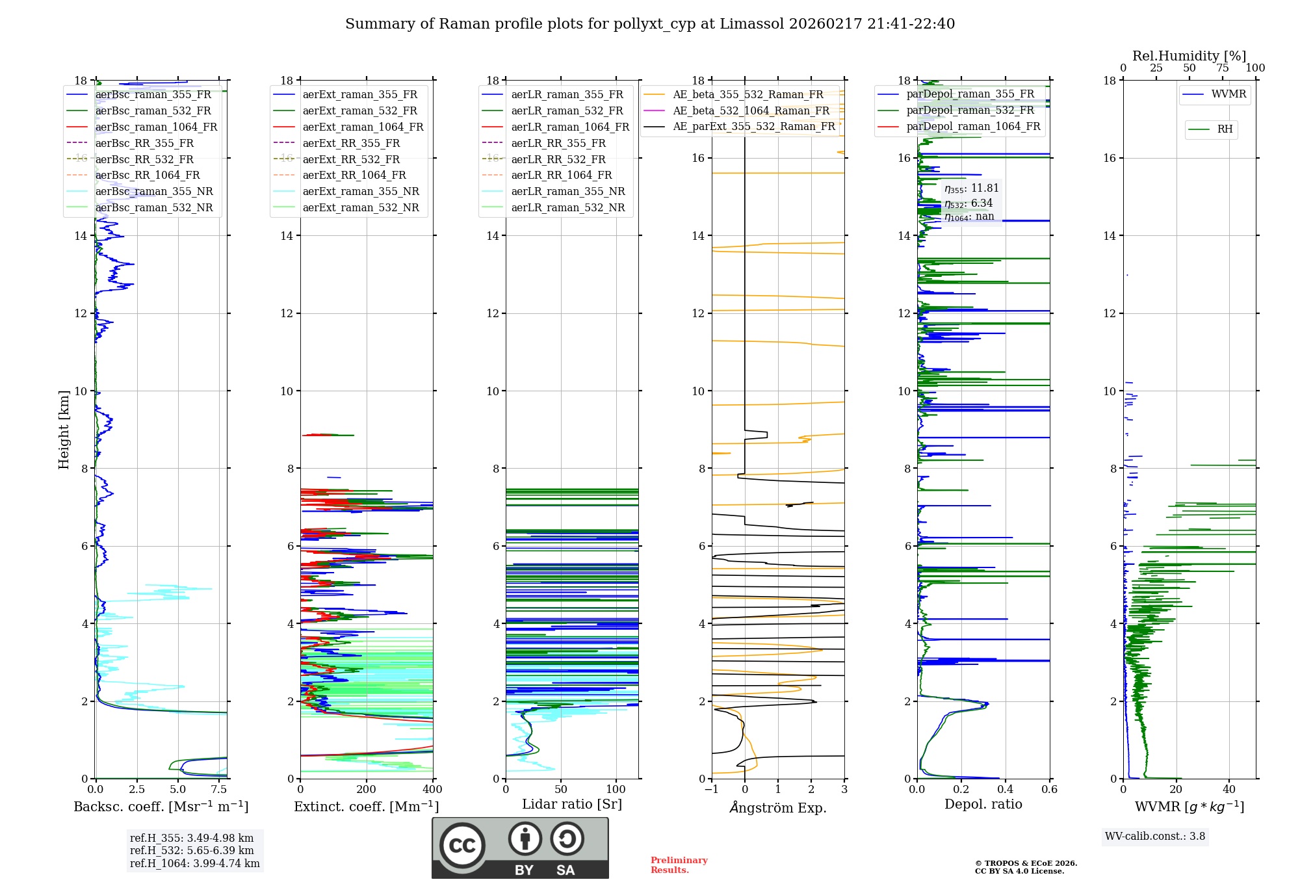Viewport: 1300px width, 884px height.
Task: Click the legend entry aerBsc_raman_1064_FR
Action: [156, 127]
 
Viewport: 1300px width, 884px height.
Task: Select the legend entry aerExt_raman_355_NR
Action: [361, 191]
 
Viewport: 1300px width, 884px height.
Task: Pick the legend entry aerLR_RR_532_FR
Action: [558, 159]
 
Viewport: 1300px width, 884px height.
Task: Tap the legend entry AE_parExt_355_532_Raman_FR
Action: [754, 126]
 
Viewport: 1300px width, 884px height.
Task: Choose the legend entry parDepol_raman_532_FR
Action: [970, 110]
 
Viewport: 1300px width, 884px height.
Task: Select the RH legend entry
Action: [1225, 129]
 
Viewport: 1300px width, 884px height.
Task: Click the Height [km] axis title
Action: [64, 429]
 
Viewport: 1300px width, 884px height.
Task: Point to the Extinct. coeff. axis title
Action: [366, 807]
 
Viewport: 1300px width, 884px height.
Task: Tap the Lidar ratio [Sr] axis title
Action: [572, 804]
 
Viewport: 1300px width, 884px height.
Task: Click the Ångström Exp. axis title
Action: [778, 808]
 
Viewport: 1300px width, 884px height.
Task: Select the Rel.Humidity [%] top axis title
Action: [1189, 56]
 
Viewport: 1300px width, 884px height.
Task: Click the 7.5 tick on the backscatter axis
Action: [219, 790]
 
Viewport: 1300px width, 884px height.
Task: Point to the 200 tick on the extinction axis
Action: [366, 790]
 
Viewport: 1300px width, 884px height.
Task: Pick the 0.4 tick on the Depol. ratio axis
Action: [1006, 790]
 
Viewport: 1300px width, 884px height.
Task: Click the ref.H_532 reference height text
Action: [192, 850]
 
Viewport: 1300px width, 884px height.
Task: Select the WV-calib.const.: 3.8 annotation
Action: [1155, 836]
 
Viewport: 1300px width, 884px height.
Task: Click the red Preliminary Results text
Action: [679, 864]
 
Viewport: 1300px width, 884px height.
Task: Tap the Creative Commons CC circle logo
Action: [462, 846]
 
